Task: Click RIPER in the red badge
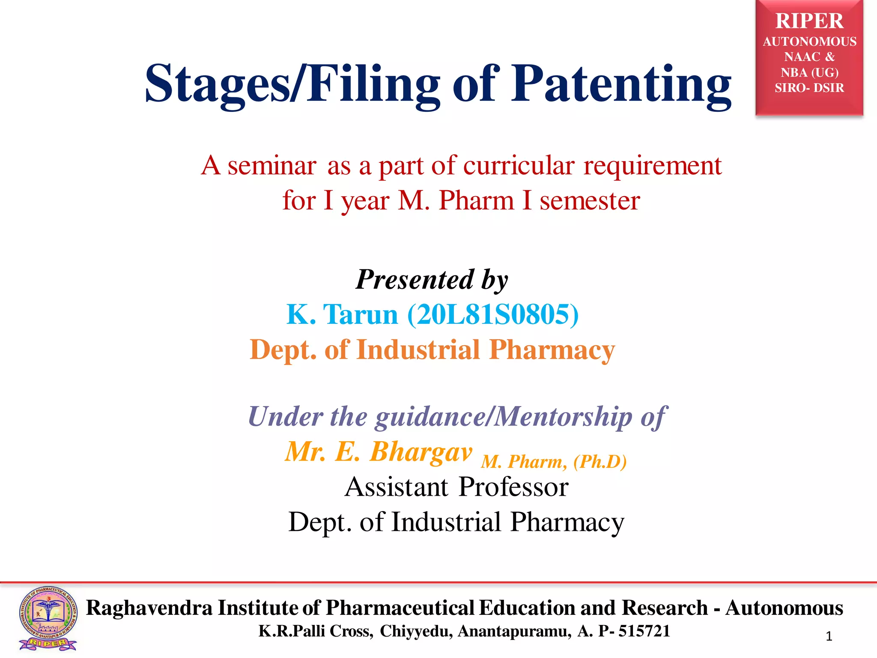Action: (809, 21)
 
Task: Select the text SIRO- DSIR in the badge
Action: (809, 88)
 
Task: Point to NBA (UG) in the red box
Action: (809, 72)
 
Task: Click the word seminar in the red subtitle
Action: (272, 166)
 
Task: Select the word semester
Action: (590, 201)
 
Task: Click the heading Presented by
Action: (432, 280)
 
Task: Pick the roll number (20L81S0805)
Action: (493, 315)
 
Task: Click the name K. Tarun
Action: (342, 315)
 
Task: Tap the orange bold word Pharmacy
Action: (552, 350)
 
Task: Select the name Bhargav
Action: (421, 452)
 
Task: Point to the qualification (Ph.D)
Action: (600, 462)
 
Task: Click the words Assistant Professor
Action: (456, 487)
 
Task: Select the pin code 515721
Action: (644, 631)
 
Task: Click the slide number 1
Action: (829, 637)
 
